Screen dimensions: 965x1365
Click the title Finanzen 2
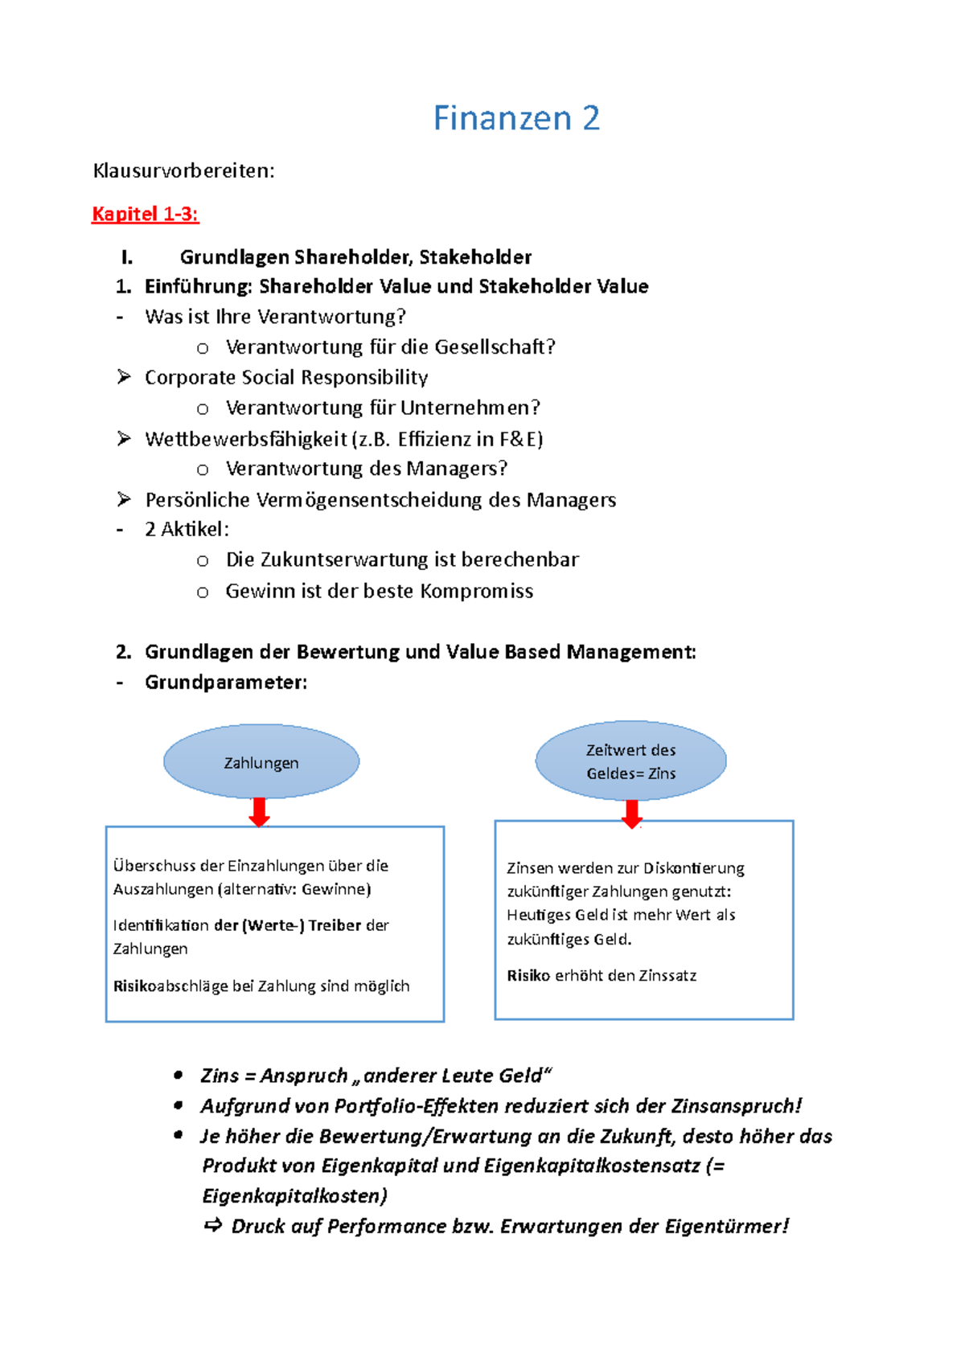click(516, 118)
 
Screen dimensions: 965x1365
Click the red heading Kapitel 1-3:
click(145, 214)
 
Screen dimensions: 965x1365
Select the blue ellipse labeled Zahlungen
click(261, 762)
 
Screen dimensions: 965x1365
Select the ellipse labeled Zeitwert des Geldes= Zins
click(630, 760)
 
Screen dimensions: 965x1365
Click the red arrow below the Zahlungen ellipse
click(259, 812)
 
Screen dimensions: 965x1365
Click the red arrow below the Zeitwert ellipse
click(632, 814)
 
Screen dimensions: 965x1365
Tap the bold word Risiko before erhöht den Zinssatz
click(528, 975)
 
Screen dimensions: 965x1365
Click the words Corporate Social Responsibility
click(285, 377)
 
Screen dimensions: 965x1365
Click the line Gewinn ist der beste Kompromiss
click(379, 591)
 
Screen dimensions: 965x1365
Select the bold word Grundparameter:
click(226, 682)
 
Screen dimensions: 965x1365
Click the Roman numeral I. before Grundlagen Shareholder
click(126, 257)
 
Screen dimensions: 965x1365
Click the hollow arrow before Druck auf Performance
click(213, 1226)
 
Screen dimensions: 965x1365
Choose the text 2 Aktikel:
click(187, 529)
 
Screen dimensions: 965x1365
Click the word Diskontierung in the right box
click(693, 868)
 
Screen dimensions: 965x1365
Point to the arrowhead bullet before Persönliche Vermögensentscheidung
click(124, 499)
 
